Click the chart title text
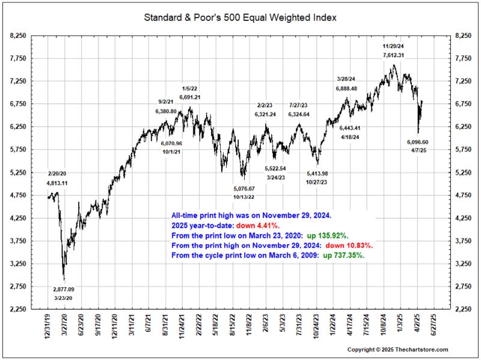tap(240, 17)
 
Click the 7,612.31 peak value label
tap(393, 55)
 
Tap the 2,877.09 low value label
tap(63, 289)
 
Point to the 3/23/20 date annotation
tap(63, 297)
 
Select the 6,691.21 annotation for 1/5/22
tap(189, 97)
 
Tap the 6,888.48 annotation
tap(347, 88)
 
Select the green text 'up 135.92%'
tap(340, 236)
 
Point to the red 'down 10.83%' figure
tap(349, 246)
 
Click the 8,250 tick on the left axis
tap(18, 36)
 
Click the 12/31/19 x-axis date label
tap(48, 328)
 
